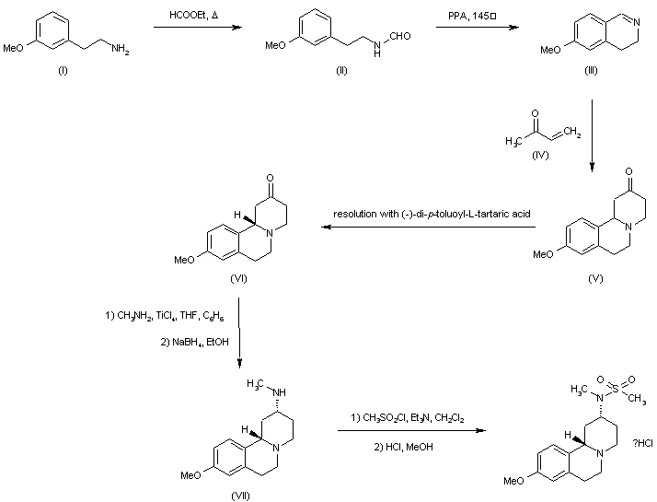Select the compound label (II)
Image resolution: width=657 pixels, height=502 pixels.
coord(341,71)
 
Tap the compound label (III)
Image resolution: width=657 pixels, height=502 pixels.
coord(593,71)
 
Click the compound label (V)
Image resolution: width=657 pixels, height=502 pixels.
coord(594,277)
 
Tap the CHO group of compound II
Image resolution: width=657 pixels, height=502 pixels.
coord(398,37)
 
